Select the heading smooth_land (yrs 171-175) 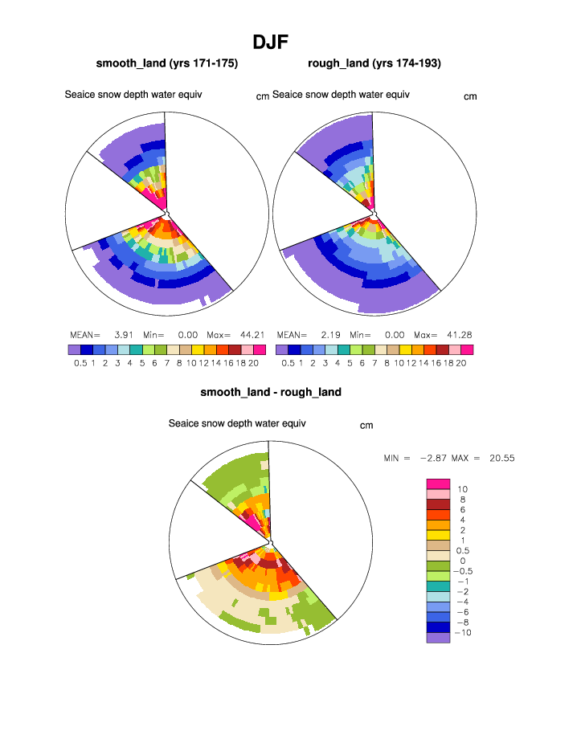167,63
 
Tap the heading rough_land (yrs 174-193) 374,63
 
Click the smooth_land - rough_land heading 271,392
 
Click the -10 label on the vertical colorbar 464,633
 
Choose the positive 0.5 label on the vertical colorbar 464,550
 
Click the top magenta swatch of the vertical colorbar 438,484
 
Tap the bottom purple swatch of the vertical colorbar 438,638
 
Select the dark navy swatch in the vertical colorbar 438,627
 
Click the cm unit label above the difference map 366,426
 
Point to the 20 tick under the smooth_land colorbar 254,363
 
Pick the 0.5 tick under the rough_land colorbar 288,363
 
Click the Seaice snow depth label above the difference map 237,423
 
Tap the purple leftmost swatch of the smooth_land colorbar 75,350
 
